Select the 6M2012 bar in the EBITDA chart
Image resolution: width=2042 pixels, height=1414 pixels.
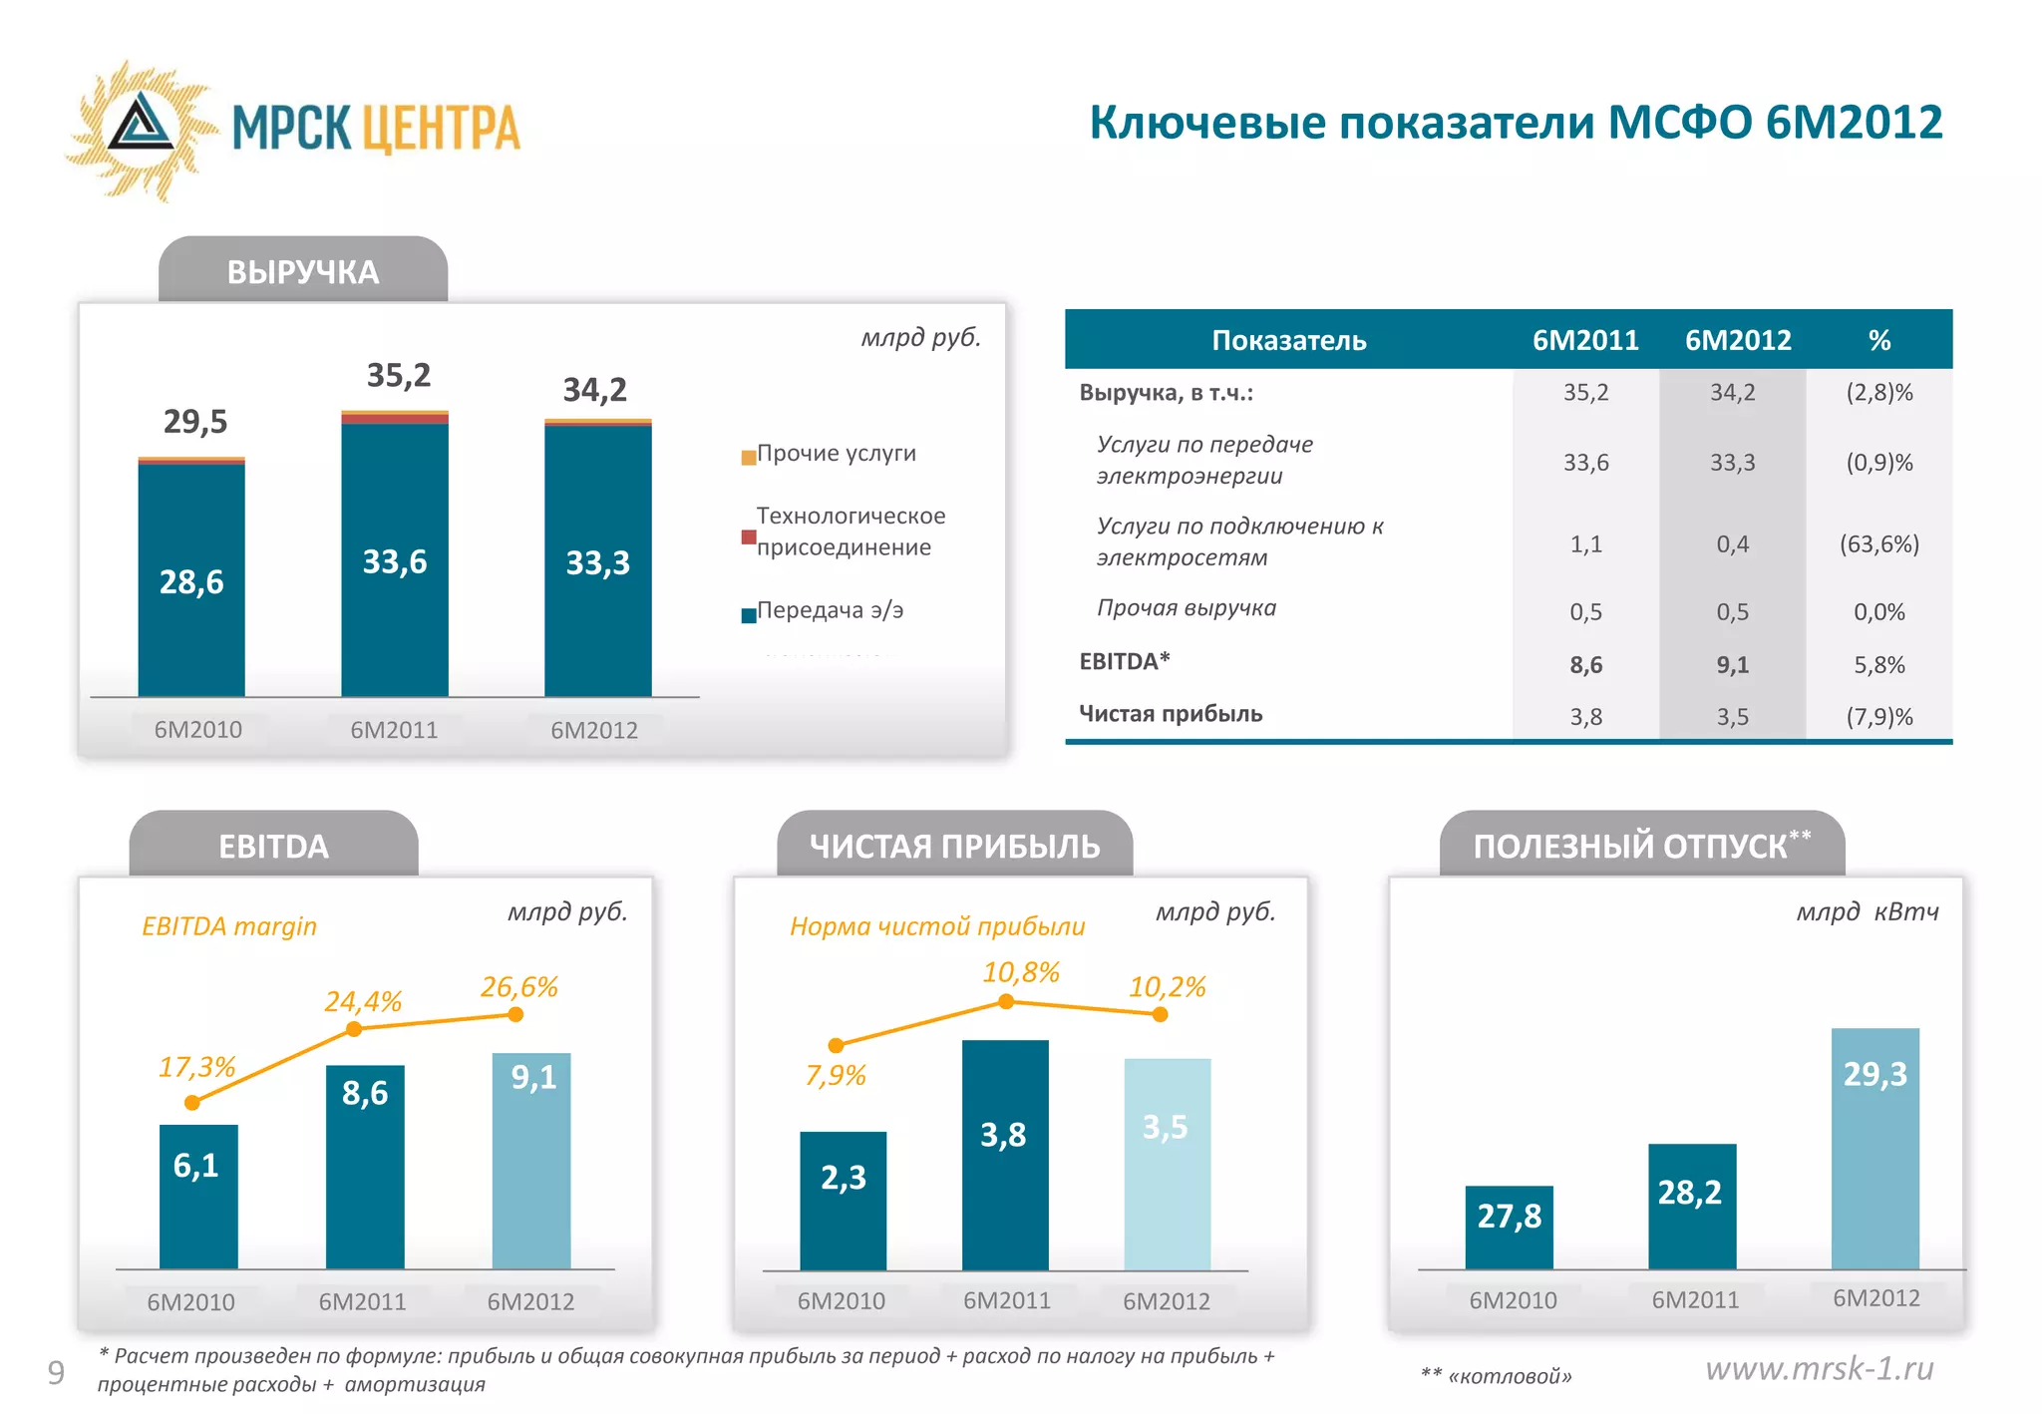(x=531, y=1162)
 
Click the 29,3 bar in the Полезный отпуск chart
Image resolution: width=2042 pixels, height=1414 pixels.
(x=1874, y=1147)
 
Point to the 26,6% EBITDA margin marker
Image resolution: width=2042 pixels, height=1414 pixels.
(x=515, y=1014)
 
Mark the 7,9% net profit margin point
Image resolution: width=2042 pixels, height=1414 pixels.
(x=836, y=1045)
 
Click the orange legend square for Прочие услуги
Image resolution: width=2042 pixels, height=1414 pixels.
(x=748, y=458)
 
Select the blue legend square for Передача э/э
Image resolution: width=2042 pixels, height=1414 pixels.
(x=748, y=615)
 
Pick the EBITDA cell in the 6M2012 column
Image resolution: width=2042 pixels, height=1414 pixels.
(x=1732, y=665)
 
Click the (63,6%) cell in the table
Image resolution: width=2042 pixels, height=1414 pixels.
(x=1878, y=544)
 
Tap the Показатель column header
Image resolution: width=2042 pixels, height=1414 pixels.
(x=1288, y=341)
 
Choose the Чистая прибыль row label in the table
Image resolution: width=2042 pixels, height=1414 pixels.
(x=1171, y=714)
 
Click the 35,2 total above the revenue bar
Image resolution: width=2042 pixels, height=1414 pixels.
(x=398, y=376)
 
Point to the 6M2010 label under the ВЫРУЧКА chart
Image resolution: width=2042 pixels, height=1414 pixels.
(x=197, y=730)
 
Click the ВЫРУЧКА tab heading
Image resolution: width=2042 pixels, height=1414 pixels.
(x=302, y=272)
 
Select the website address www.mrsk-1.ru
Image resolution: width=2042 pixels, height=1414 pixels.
(x=1819, y=1369)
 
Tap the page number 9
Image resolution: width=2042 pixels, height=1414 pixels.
(x=56, y=1373)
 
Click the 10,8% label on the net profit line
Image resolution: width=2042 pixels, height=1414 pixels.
(x=1020, y=972)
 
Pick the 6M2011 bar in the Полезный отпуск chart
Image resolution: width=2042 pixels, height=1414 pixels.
(x=1692, y=1207)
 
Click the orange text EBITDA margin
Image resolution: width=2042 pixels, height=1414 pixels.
(x=229, y=926)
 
